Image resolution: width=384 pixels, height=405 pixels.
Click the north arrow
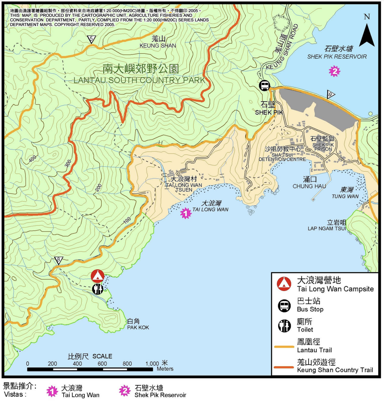pyautogui.click(x=367, y=35)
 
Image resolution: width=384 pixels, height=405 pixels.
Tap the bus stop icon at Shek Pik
pyautogui.click(x=264, y=85)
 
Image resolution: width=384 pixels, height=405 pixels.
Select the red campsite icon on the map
pyautogui.click(x=98, y=276)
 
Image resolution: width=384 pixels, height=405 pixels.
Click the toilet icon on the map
pyautogui.click(x=98, y=289)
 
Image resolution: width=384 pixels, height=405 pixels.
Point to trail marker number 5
pyautogui.click(x=91, y=39)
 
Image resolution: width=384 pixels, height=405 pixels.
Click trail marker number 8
pyautogui.click(x=59, y=260)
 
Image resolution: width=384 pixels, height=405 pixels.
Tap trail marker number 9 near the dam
pyautogui.click(x=331, y=94)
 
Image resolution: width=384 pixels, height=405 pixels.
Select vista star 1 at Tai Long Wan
pyautogui.click(x=186, y=213)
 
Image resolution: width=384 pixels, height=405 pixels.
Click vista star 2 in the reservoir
pyautogui.click(x=335, y=71)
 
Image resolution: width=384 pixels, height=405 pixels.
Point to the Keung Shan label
pyautogui.click(x=158, y=42)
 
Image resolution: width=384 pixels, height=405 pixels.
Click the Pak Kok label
pyautogui.click(x=138, y=324)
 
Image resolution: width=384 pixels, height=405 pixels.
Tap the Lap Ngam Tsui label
pyautogui.click(x=327, y=225)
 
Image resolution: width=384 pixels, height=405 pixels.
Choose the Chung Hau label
pyautogui.click(x=309, y=183)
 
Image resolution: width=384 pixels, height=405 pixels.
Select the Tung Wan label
pyautogui.click(x=345, y=193)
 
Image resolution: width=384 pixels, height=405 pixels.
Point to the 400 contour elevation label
pyautogui.click(x=32, y=159)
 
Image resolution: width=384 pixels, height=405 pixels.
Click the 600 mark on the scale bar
pyautogui.click(x=102, y=364)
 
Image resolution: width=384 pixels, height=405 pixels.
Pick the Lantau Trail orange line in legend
pyautogui.click(x=284, y=347)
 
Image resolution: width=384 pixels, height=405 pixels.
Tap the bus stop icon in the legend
pyautogui.click(x=284, y=305)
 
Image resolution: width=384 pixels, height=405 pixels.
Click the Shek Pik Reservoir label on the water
pyautogui.click(x=337, y=53)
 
